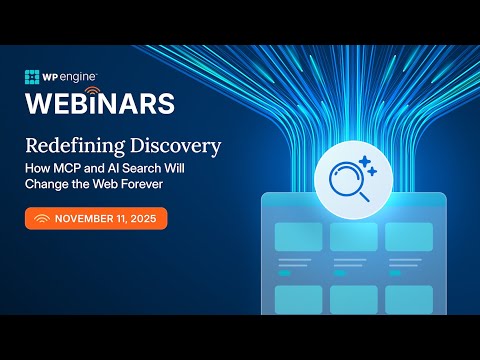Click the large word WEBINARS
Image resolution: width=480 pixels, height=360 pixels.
click(x=99, y=103)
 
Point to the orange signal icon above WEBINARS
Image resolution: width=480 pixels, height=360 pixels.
click(x=94, y=90)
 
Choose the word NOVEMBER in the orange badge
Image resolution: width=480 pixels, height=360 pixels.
click(x=83, y=219)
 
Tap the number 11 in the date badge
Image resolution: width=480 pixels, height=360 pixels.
click(x=119, y=219)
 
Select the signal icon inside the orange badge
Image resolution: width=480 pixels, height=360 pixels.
click(x=42, y=219)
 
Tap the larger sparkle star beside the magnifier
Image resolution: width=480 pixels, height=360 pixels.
click(x=364, y=161)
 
